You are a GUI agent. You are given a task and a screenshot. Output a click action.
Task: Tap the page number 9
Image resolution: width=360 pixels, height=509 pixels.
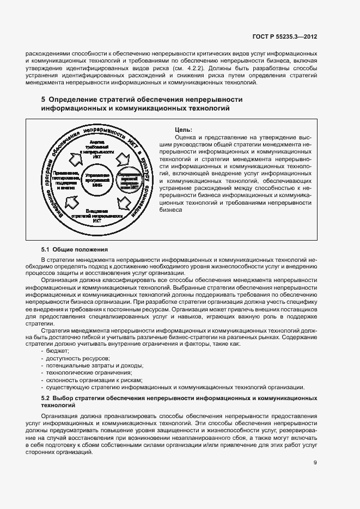coord(315,463)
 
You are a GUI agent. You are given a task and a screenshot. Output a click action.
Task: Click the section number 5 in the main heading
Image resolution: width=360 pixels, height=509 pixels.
coord(44,100)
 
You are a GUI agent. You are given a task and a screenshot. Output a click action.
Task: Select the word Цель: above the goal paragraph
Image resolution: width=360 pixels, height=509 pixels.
coord(183,130)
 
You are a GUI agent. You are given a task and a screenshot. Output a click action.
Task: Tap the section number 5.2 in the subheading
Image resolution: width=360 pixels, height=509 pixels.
coord(46,399)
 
